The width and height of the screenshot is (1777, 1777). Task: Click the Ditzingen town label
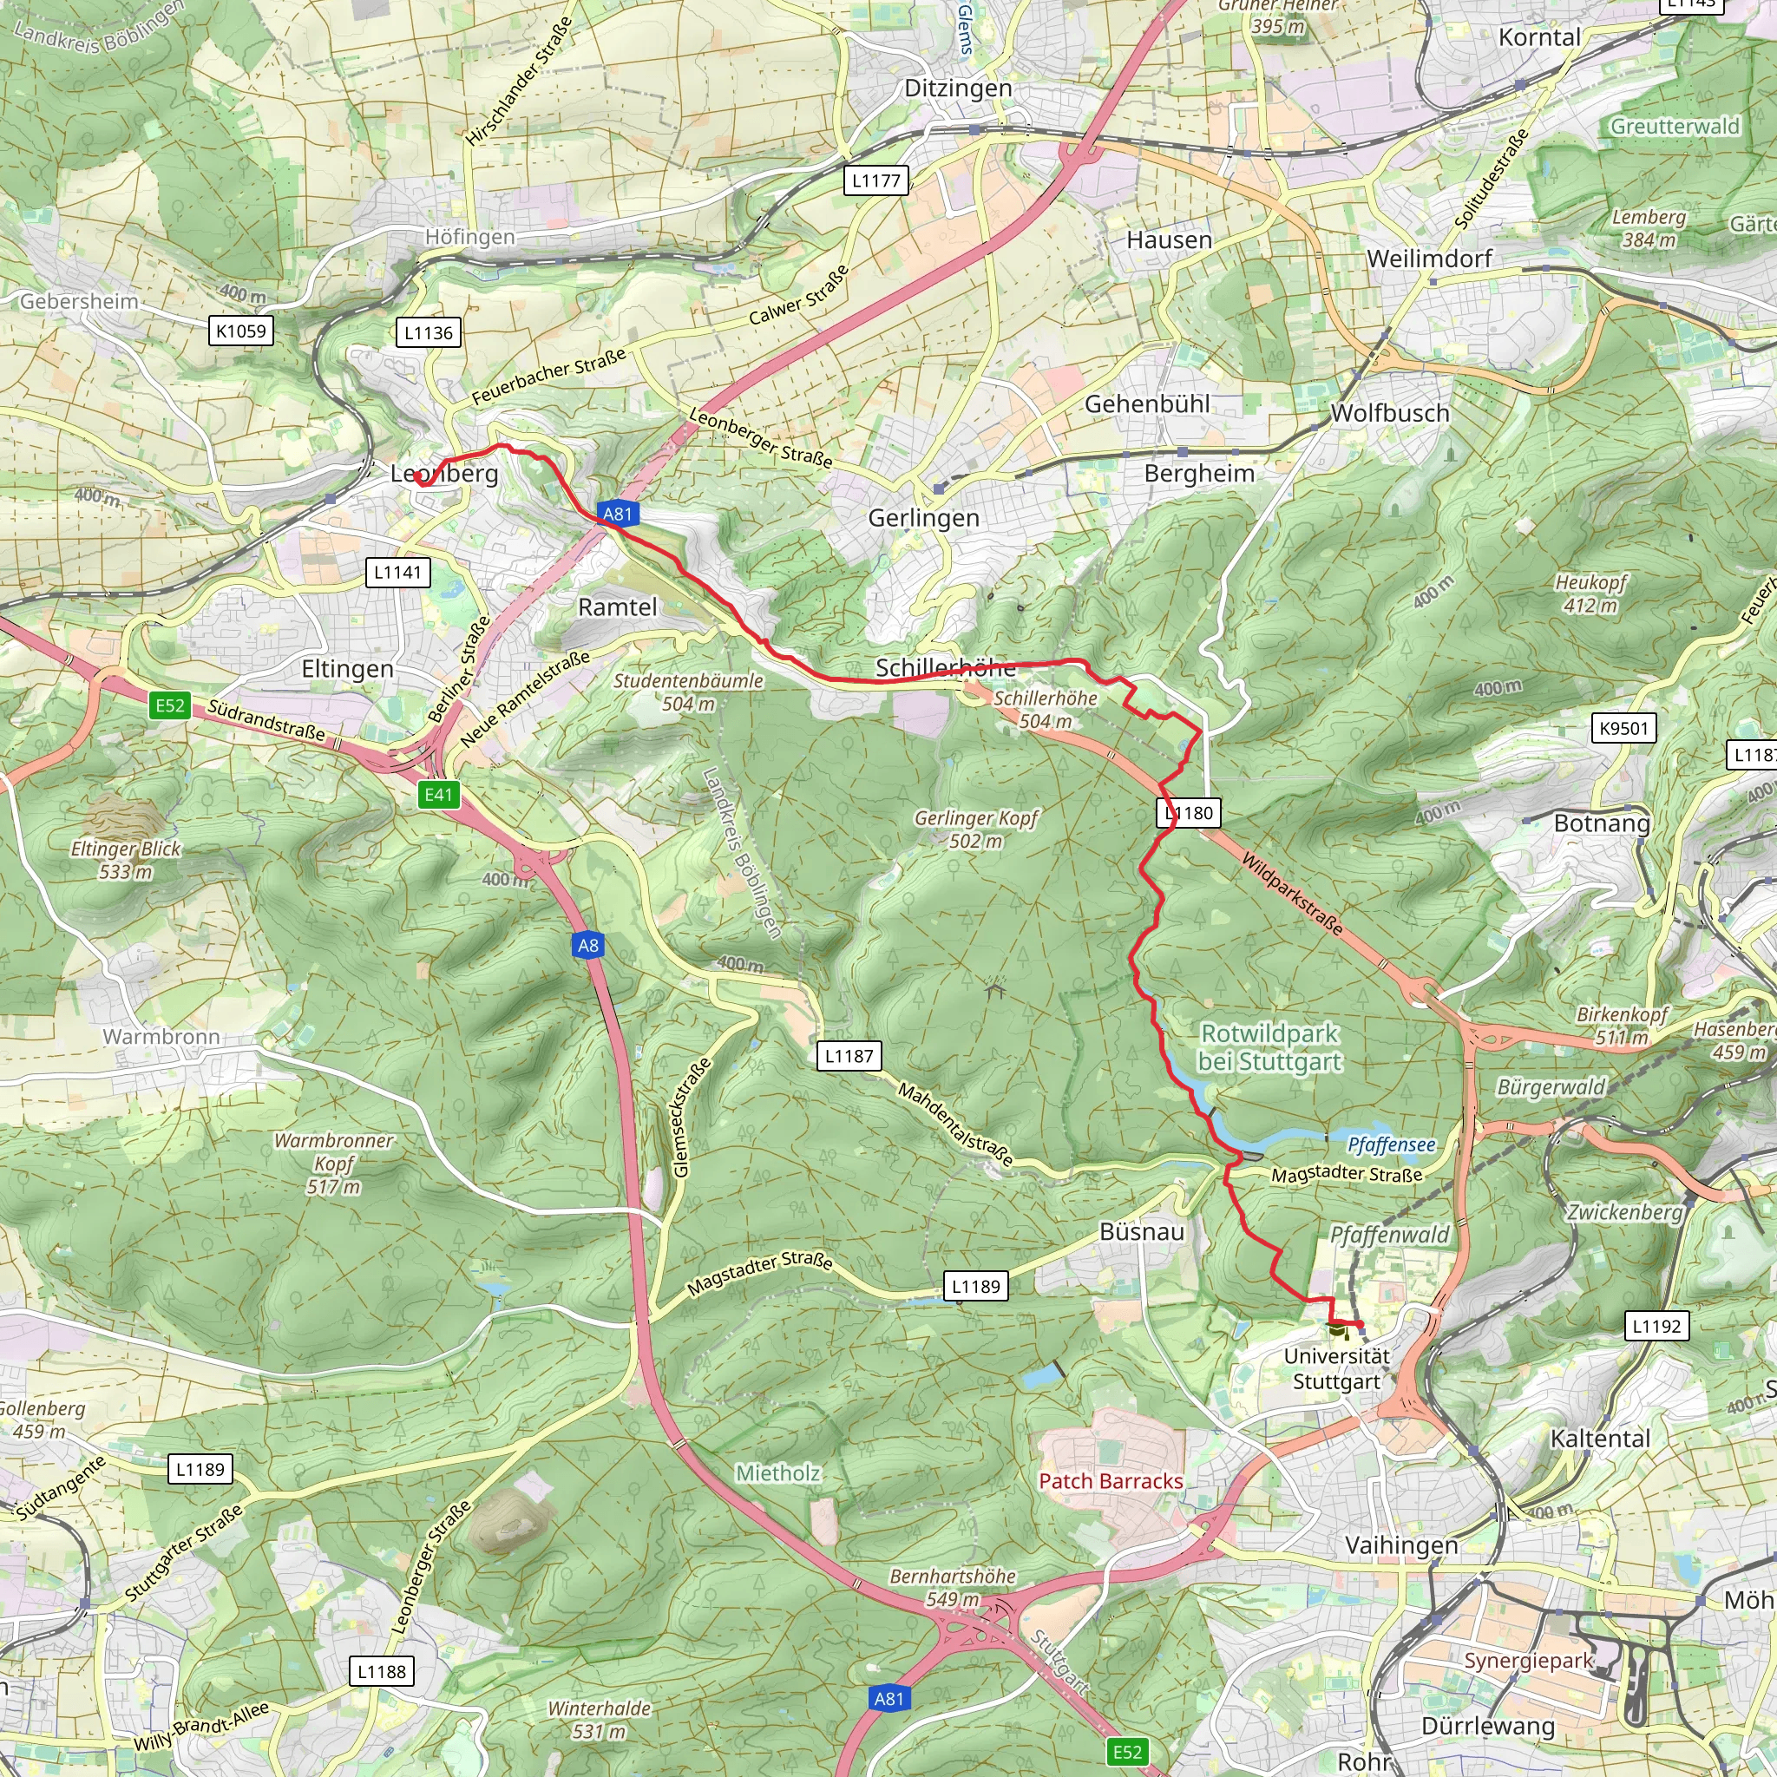(958, 89)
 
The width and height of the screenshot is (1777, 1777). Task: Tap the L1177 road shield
(875, 180)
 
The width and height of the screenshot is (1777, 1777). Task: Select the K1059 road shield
(241, 331)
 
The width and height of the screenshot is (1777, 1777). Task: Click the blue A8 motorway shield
(587, 945)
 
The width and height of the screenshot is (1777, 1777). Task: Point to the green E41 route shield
(439, 795)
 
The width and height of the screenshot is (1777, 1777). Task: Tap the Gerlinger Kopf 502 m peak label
(975, 829)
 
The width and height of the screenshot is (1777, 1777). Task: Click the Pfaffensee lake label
(1391, 1144)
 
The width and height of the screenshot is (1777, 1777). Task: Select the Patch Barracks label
(1110, 1481)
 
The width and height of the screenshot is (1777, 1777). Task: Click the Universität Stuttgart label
(1336, 1368)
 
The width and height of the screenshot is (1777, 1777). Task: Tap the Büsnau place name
(1142, 1231)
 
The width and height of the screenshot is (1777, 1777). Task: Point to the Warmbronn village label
(162, 1037)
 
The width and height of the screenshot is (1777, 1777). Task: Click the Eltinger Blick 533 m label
(126, 859)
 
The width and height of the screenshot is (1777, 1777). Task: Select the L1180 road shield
(1189, 813)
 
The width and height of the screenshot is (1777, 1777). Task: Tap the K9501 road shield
(1623, 729)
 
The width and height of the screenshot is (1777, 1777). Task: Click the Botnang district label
(1602, 823)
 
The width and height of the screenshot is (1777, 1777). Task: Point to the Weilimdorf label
(1428, 259)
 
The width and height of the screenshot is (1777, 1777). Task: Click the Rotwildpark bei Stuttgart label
(1269, 1047)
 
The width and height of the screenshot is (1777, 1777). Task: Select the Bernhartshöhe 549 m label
(952, 1587)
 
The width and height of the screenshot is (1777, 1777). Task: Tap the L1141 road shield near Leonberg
(397, 572)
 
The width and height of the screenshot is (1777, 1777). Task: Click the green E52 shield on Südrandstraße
(170, 705)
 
